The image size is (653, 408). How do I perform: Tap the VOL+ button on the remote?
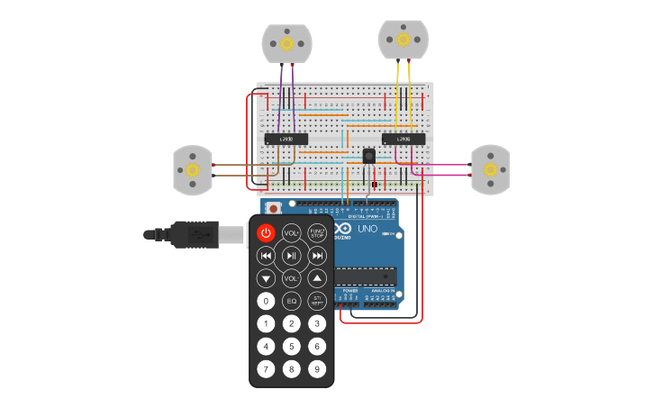[291, 232]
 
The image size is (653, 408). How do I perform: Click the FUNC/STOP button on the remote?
[317, 232]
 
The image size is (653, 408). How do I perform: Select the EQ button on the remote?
[291, 301]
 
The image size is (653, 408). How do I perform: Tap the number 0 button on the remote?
[266, 301]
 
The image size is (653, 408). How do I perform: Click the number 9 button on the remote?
[317, 368]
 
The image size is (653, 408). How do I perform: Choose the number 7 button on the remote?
[266, 368]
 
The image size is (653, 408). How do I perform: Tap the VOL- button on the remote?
[291, 278]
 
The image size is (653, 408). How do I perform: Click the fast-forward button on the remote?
[317, 256]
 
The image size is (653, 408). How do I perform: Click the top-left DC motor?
[286, 43]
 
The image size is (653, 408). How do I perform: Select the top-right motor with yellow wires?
[403, 39]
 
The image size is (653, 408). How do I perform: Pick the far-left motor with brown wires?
[192, 170]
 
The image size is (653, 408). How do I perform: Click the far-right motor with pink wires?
[490, 169]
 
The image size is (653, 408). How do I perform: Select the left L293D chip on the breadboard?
[286, 139]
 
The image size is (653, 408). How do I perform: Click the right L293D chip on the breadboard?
[404, 139]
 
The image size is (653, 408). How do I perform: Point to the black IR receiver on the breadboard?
[369, 156]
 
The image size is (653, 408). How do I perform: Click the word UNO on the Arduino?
[367, 229]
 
